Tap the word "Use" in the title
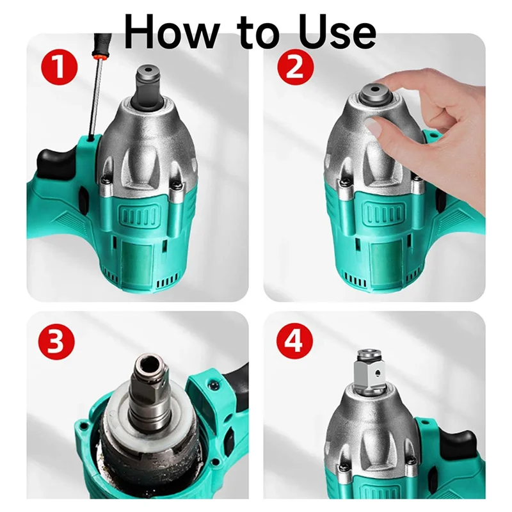(x=337, y=31)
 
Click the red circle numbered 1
(x=59, y=68)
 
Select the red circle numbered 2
(x=296, y=68)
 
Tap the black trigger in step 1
(x=54, y=163)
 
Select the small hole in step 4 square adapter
(x=378, y=372)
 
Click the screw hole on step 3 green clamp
(x=212, y=386)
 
